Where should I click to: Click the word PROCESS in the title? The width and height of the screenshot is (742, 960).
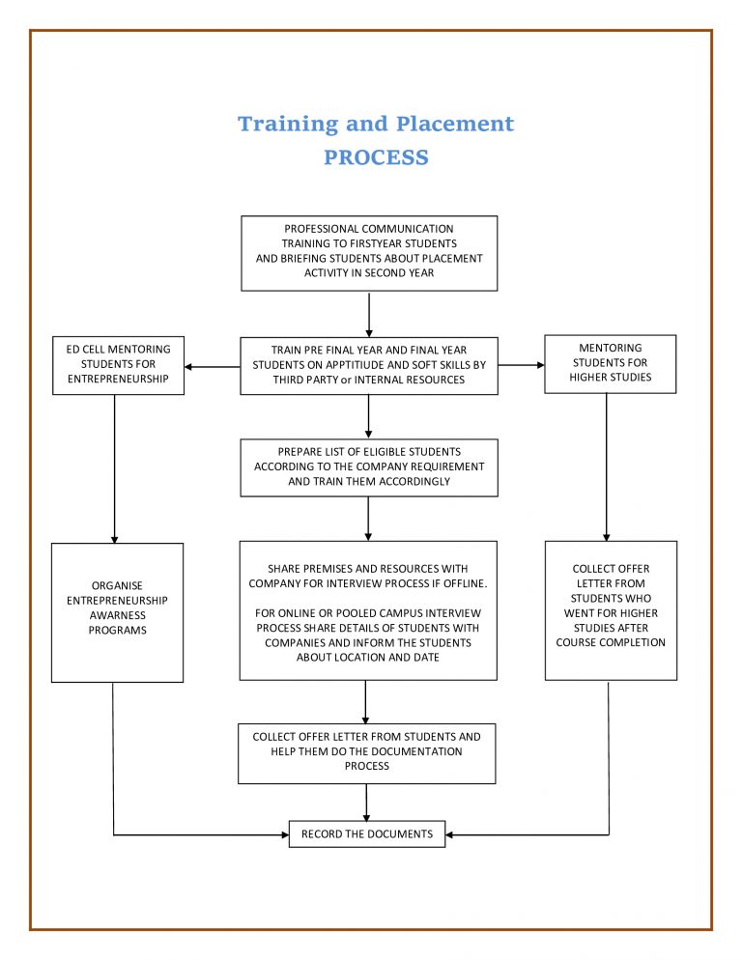point(376,157)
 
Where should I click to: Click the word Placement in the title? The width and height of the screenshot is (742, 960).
point(456,125)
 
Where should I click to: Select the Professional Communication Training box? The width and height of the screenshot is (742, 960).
point(369,253)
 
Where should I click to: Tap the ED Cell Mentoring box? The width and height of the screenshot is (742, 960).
point(118,365)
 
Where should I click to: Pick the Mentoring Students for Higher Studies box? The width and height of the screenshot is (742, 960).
point(610,363)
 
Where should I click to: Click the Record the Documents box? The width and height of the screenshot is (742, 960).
point(367,833)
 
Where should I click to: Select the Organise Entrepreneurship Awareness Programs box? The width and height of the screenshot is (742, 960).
point(117,612)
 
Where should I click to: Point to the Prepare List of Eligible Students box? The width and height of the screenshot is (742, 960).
point(369,467)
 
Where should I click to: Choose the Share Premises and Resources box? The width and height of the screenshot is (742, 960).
point(368,610)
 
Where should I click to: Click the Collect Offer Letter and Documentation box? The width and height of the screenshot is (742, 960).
point(366,751)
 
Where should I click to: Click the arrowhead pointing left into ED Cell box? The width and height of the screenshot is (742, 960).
point(189,367)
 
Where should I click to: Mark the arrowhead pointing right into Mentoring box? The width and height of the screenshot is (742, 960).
point(539,365)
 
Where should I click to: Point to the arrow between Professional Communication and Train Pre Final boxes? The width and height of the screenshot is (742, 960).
point(369,314)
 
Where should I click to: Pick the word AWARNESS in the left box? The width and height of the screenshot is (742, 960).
point(117,615)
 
